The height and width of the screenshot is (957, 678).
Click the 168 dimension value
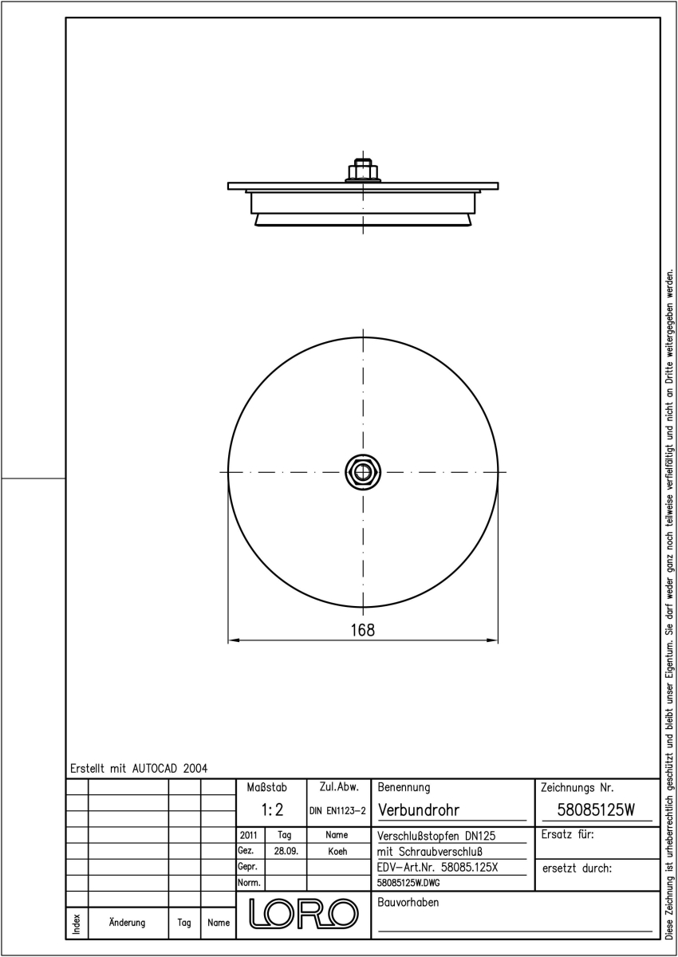[x=363, y=630]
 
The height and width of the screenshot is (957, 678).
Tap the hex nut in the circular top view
[x=363, y=472]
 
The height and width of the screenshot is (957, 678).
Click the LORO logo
[x=304, y=913]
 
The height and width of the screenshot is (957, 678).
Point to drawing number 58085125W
[x=596, y=810]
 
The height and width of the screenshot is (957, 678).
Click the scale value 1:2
[x=272, y=810]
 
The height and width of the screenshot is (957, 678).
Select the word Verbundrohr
[x=419, y=810]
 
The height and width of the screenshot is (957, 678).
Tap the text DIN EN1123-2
[x=338, y=811]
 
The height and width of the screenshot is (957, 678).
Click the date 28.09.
[x=286, y=851]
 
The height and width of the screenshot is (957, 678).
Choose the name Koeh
[x=337, y=851]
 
